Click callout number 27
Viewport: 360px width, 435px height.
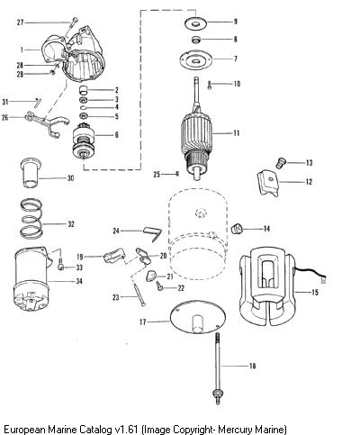coord(20,23)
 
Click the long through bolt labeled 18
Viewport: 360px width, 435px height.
coord(218,368)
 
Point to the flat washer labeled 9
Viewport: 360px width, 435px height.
coord(196,23)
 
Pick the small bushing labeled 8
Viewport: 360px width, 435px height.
coord(195,40)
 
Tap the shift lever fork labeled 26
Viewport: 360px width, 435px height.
coord(47,123)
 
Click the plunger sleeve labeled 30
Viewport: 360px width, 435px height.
coord(31,173)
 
